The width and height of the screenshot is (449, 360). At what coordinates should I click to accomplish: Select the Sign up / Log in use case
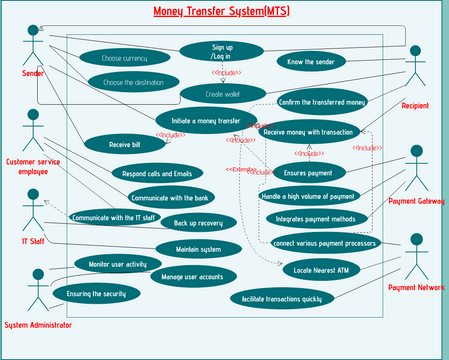click(x=221, y=51)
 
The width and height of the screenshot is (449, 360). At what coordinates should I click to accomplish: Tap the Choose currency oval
click(x=124, y=59)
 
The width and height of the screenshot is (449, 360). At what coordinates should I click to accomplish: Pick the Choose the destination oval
click(x=132, y=82)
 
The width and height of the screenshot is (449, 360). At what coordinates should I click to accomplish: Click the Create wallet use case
click(x=222, y=93)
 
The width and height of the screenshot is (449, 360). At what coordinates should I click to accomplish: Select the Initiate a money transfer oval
click(x=213, y=120)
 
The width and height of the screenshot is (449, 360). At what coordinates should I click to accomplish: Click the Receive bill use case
click(x=124, y=145)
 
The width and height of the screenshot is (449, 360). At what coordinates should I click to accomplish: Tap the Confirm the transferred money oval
click(x=322, y=102)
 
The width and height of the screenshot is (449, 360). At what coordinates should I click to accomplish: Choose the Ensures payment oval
click(x=309, y=172)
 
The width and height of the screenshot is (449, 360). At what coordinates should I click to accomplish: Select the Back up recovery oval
click(x=197, y=222)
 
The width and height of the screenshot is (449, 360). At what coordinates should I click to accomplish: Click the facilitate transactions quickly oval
click(x=281, y=298)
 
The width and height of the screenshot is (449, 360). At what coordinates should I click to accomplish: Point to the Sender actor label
click(x=34, y=74)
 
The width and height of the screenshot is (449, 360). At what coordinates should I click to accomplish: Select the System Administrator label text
click(x=38, y=325)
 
